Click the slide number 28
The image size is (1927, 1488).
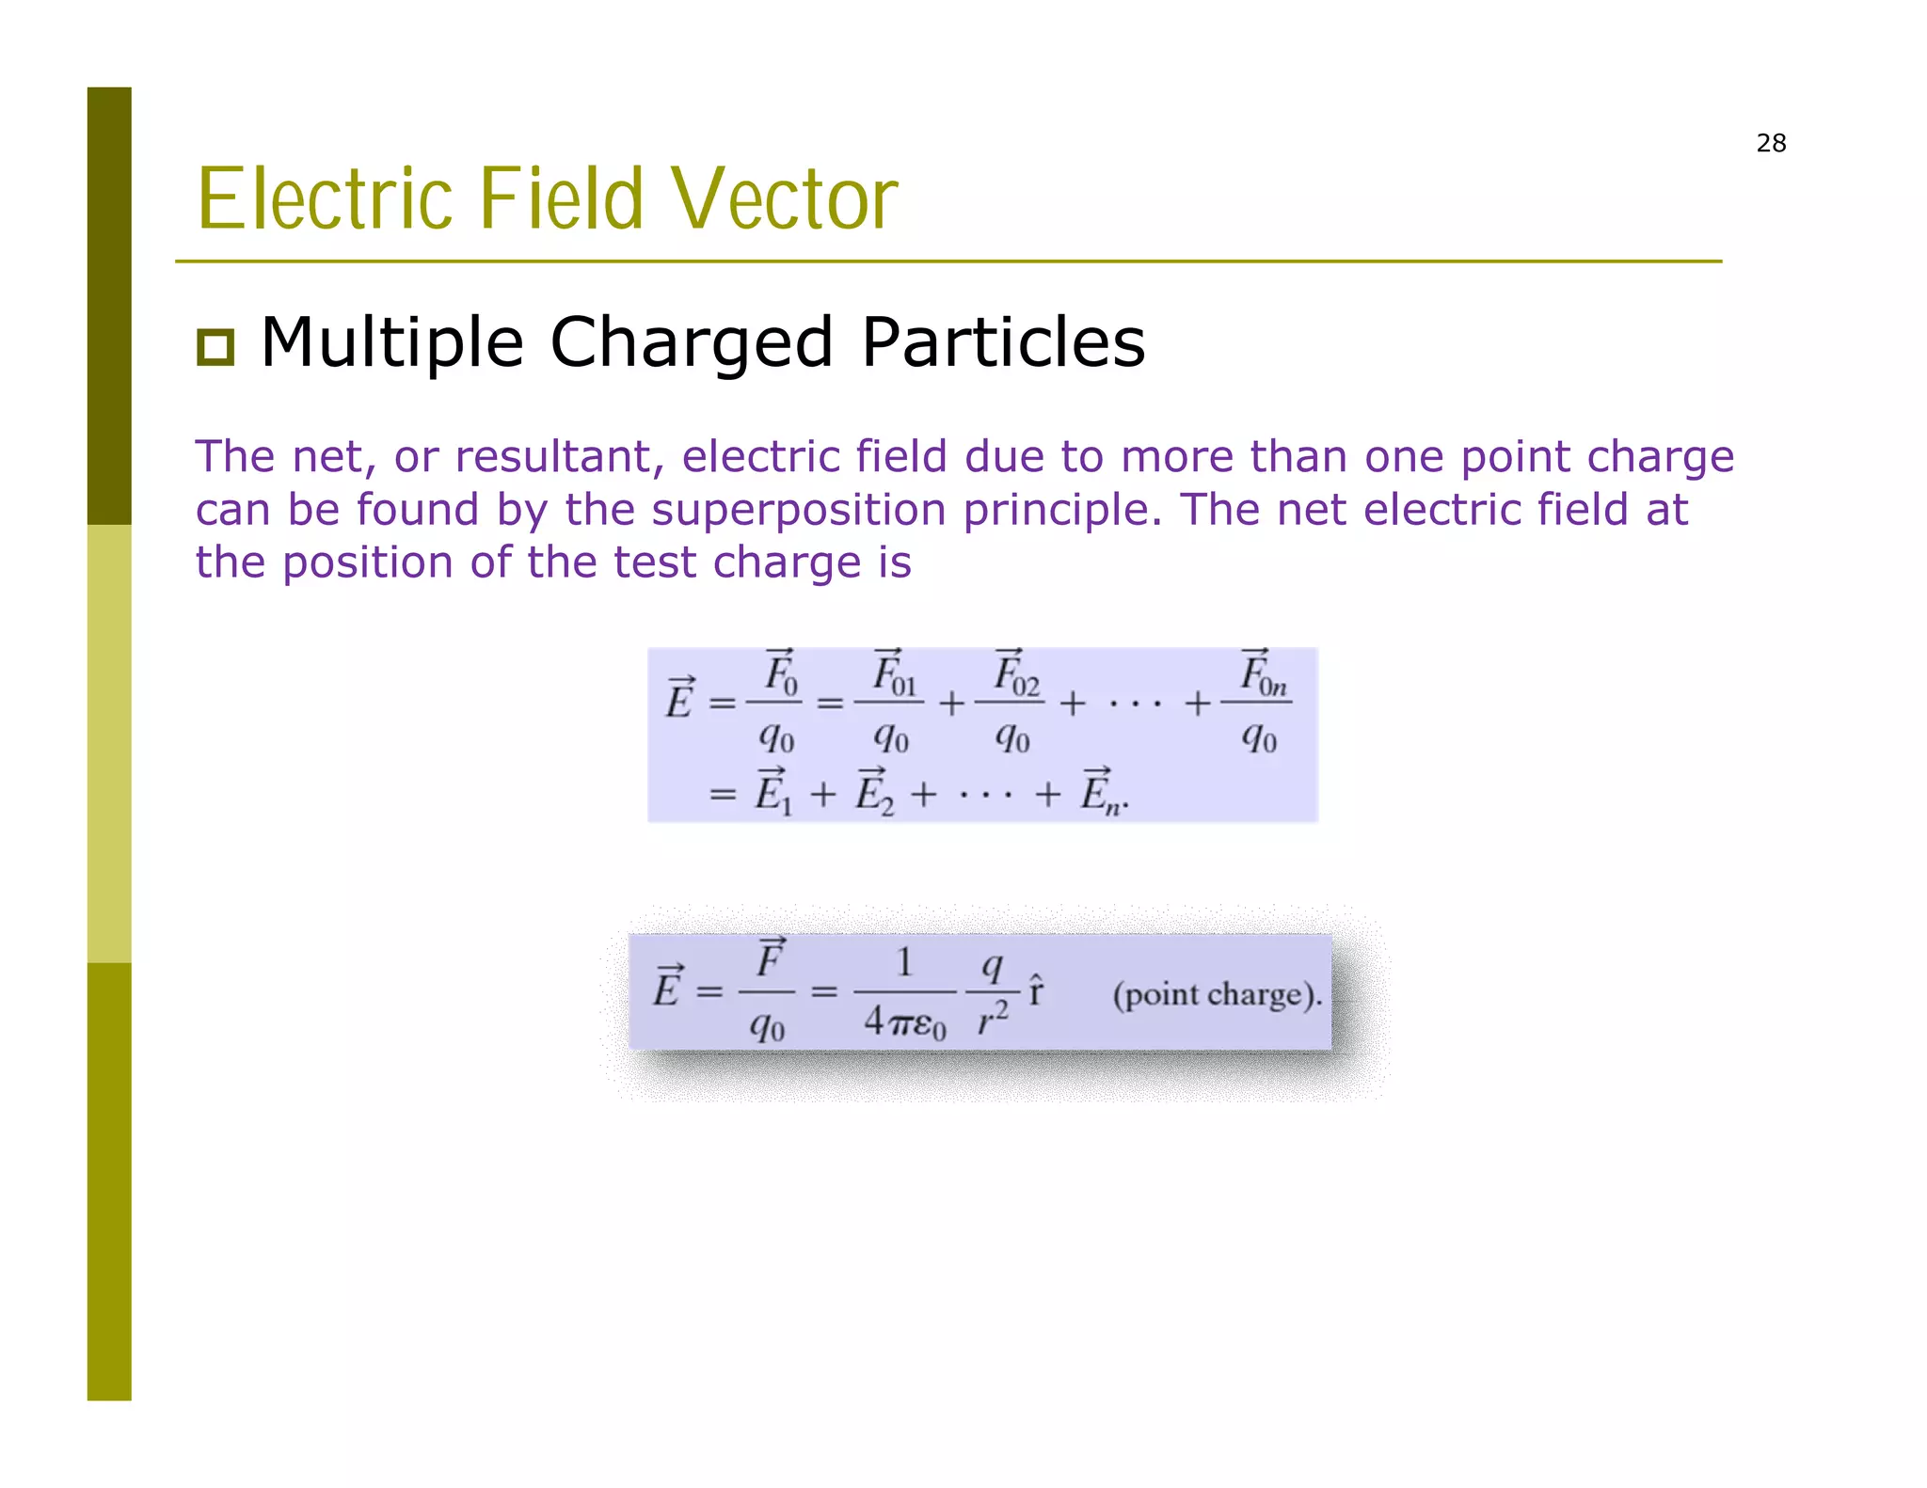pyautogui.click(x=1770, y=143)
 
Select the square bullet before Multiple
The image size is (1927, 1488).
pyautogui.click(x=215, y=346)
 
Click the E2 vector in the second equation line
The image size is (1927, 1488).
pyautogui.click(x=873, y=793)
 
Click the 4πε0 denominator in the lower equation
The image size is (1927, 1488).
pyautogui.click(x=903, y=1021)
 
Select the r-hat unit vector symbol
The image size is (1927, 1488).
pyautogui.click(x=1035, y=991)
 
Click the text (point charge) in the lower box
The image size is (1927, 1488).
pyautogui.click(x=1217, y=994)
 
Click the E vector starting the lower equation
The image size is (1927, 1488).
pyautogui.click(x=667, y=988)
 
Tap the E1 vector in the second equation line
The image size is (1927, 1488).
pyautogui.click(x=773, y=793)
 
